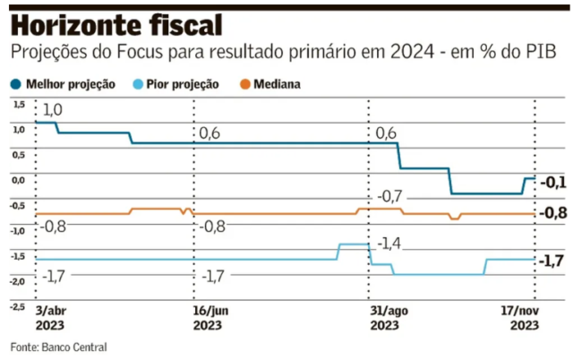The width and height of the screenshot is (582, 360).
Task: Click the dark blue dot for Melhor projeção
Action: click(16, 84)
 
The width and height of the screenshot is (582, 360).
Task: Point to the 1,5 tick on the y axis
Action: click(19, 104)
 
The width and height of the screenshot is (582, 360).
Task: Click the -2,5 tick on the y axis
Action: click(17, 305)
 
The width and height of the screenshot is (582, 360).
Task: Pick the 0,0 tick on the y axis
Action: click(19, 180)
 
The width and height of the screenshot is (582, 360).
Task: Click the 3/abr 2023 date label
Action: click(49, 317)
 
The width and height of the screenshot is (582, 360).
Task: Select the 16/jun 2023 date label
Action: click(210, 317)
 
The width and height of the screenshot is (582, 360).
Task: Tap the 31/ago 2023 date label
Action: click(386, 317)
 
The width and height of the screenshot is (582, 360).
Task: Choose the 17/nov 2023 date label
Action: click(521, 317)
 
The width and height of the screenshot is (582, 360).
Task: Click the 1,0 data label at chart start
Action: click(53, 109)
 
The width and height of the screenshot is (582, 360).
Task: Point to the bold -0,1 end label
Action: click(554, 182)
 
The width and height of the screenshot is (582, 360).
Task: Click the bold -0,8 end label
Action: click(554, 213)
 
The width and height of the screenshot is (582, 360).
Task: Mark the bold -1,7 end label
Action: click(554, 261)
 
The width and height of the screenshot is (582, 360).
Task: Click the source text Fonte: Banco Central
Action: click(58, 346)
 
